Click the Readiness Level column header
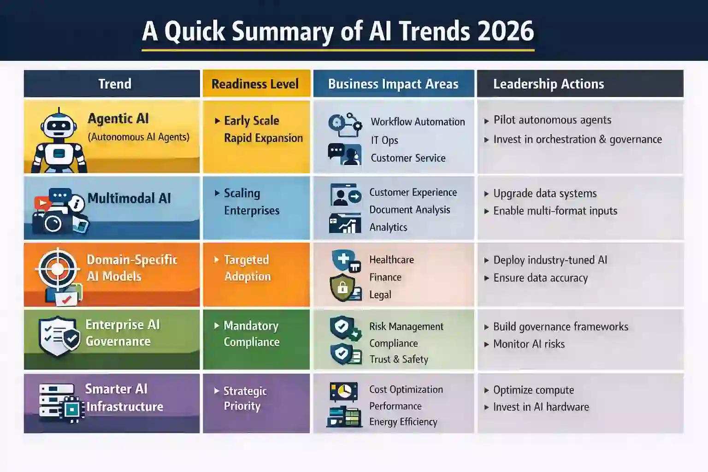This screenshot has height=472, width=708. [255, 84]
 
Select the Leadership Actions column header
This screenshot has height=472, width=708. [549, 84]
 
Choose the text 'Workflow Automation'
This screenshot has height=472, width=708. [418, 122]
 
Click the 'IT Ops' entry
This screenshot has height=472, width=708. [384, 140]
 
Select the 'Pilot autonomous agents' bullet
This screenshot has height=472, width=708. [552, 120]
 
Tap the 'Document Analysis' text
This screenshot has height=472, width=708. [409, 210]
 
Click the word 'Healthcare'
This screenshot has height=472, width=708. [391, 260]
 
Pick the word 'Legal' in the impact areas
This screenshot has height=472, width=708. [380, 295]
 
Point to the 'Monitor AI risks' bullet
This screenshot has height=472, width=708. [529, 344]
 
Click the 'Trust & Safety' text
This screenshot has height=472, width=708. [399, 360]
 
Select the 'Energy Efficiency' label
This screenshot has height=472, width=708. [403, 422]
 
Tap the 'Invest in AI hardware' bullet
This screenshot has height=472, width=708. [541, 407]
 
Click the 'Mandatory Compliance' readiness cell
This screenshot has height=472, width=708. [252, 334]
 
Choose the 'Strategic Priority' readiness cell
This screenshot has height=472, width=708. [244, 398]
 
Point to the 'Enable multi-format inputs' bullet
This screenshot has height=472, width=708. [555, 211]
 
